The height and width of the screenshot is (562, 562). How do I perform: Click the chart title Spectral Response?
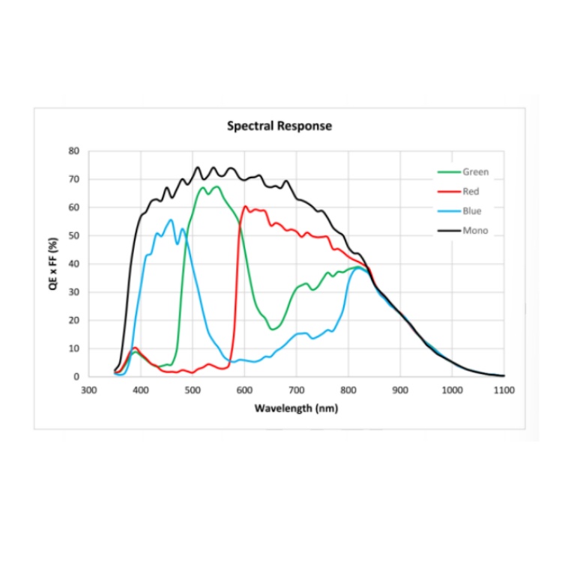tap(279, 126)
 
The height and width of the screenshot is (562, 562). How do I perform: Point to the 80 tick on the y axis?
tap(74, 151)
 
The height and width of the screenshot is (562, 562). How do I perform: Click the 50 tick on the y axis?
tap(74, 235)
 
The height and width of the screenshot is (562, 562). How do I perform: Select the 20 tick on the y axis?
tap(74, 320)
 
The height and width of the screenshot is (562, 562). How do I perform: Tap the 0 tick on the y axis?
tap(76, 376)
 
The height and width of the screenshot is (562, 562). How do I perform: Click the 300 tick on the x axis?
tap(88, 390)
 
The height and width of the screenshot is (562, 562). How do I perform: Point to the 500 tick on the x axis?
tap(193, 390)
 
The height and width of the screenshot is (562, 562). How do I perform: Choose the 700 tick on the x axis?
tap(296, 390)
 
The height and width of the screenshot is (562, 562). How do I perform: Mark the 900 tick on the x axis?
tap(400, 390)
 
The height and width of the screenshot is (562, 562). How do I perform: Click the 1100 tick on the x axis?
tap(504, 390)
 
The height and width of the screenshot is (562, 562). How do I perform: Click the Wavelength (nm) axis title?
tap(296, 408)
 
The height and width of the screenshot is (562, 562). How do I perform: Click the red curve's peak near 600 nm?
tap(246, 206)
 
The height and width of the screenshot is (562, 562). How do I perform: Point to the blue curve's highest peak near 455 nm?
tap(171, 220)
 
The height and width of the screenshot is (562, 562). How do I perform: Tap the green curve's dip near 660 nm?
tap(274, 329)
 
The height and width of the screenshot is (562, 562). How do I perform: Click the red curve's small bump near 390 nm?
tap(135, 348)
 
